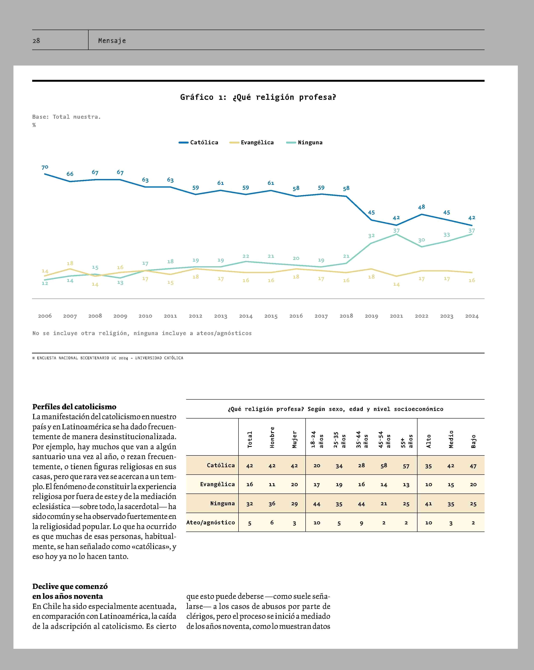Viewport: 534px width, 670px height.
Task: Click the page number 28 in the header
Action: [36, 41]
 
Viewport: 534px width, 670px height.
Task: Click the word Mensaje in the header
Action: [112, 41]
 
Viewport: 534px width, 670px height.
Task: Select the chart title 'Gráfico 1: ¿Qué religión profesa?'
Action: [258, 97]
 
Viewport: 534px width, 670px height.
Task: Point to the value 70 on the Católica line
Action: [45, 167]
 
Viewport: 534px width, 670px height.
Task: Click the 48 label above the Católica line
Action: [421, 207]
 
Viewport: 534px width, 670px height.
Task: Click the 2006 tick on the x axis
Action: [45, 316]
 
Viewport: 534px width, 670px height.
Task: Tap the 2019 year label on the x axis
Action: [371, 316]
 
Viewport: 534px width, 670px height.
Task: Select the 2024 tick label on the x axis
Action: [472, 316]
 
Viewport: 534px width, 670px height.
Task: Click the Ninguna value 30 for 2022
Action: [421, 240]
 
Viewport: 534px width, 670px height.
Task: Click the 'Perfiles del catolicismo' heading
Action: [74, 407]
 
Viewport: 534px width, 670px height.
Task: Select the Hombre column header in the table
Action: [272, 437]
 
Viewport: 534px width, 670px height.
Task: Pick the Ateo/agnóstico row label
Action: [211, 522]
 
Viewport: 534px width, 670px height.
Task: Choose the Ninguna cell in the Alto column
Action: [429, 504]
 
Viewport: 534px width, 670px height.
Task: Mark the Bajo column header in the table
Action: [473, 441]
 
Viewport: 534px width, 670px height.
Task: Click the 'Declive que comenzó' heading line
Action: [70, 586]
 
